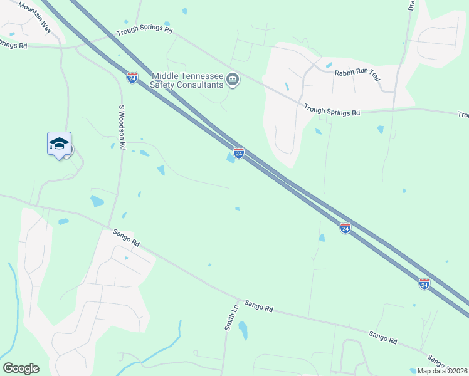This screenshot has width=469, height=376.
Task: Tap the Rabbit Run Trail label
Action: (357, 74)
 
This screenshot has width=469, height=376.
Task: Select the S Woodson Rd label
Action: (122, 127)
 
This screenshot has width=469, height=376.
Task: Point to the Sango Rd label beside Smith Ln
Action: (259, 306)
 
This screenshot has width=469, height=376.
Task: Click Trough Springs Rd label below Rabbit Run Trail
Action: (332, 110)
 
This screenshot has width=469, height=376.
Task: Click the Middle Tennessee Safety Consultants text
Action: (187, 80)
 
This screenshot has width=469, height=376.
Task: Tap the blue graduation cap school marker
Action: (59, 144)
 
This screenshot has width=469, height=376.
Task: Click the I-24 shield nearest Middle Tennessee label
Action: (132, 77)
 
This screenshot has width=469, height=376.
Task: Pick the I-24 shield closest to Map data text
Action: (424, 284)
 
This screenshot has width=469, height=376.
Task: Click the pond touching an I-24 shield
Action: (231, 158)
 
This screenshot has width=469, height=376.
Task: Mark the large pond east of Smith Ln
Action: (243, 330)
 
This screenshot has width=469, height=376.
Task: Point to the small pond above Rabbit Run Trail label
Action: (329, 65)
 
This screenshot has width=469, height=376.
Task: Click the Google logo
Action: (21, 368)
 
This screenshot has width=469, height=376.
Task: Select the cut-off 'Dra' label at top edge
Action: (411, 6)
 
